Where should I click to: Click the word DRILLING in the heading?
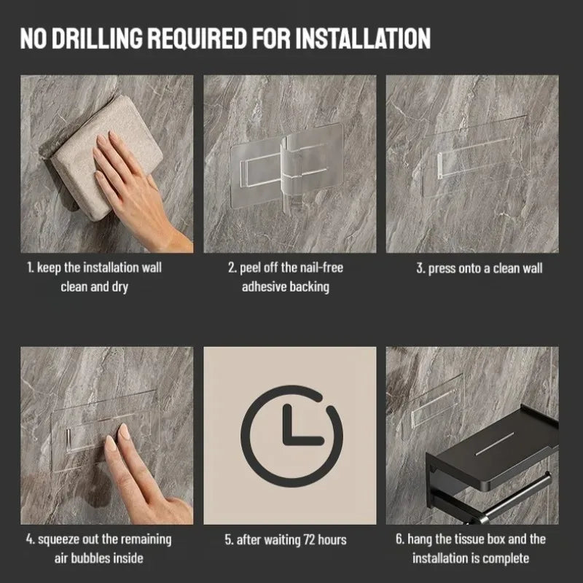pos(97,39)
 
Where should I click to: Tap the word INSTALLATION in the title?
pos(363,39)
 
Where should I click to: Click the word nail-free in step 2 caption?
pos(321,267)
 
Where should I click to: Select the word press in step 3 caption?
pos(442,269)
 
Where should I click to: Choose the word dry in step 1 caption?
pos(120,287)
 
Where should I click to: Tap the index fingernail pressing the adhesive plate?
pos(124,431)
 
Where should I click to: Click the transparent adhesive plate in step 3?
pos(476,156)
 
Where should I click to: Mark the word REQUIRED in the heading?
pos(197,39)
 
